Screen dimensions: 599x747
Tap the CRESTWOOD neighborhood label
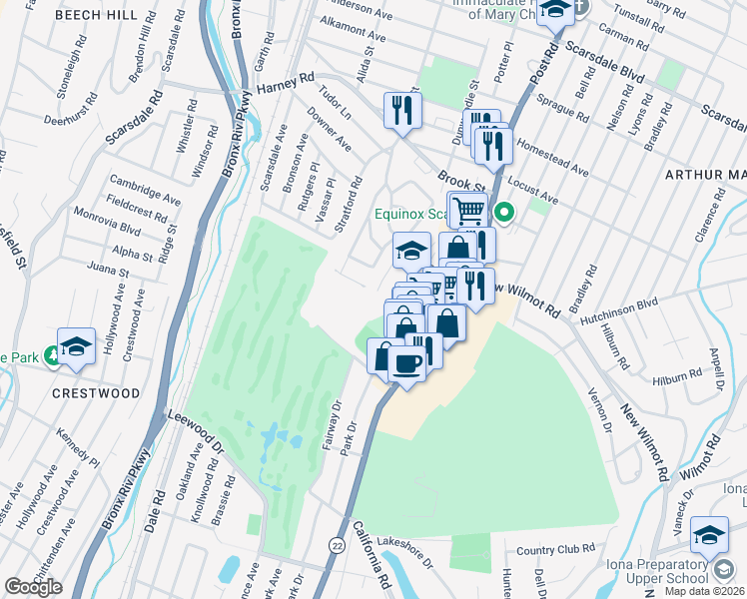[96, 393]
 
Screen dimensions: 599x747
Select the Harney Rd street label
[286, 88]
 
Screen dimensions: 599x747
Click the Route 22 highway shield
[338, 544]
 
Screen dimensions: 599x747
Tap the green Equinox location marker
[505, 212]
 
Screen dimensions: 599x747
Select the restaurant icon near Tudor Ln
[403, 110]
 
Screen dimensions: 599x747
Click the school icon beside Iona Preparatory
[709, 537]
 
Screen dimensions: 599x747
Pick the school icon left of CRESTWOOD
[76, 345]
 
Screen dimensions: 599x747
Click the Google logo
[33, 587]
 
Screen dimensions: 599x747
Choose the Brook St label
[460, 181]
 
